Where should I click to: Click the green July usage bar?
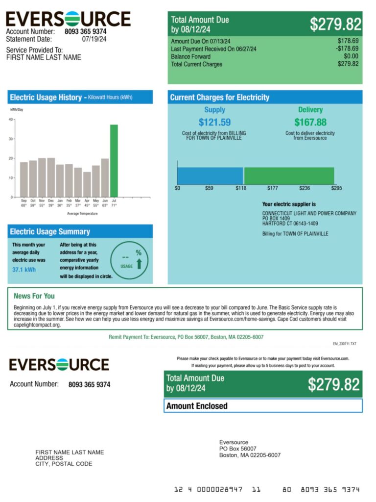[x=114, y=161]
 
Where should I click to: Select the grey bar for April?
[x=87, y=184]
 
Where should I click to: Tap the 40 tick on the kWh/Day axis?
[x=11, y=120]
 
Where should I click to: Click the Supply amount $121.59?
[x=214, y=122]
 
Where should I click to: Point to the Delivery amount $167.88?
[x=310, y=122]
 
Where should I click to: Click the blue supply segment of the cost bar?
[x=210, y=176]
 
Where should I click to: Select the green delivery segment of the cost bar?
[x=289, y=176]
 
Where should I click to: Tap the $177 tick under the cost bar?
[x=273, y=188]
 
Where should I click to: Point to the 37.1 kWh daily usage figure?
[x=24, y=270]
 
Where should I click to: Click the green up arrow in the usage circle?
[x=139, y=264]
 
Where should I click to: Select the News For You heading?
[x=34, y=296]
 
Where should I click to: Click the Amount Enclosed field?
[x=263, y=406]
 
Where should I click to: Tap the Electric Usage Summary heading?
[x=50, y=231]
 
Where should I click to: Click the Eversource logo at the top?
[x=68, y=19]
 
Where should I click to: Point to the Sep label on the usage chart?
[x=23, y=201]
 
